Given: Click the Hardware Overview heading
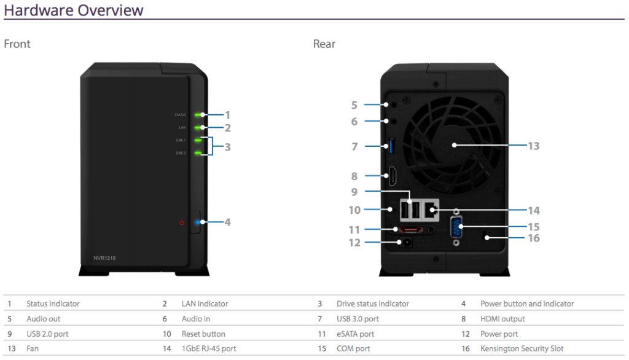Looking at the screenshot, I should tap(74, 10).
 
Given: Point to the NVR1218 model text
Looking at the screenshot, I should tap(101, 258).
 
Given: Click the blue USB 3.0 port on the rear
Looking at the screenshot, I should tap(388, 146).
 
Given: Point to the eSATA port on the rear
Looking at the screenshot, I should tap(408, 230).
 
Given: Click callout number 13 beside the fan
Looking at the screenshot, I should tap(533, 146).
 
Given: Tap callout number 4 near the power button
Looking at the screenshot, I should tap(227, 222).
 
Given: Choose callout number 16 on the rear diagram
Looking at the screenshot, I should tap(533, 238).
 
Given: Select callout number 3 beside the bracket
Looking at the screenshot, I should tap(227, 147).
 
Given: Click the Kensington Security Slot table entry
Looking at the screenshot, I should tap(522, 349).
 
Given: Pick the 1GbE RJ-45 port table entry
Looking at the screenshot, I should tap(208, 349).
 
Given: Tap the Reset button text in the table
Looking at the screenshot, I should tap(203, 334).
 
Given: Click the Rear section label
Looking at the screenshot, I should tap(324, 44).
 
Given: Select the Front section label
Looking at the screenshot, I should tap(17, 44).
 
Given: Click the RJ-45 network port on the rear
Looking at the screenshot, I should tap(431, 211).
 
